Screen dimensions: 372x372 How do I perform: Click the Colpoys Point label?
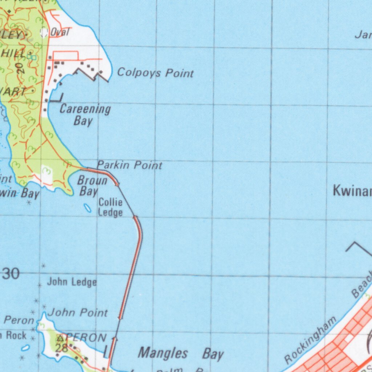click(155, 73)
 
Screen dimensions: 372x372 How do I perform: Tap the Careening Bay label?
click(85, 114)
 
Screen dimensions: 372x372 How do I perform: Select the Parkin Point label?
click(129, 166)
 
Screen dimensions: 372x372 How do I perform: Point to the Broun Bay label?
click(92, 186)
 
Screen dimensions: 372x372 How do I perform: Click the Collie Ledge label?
click(110, 207)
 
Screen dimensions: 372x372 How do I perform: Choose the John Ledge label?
click(72, 282)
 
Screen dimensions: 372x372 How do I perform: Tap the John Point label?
click(78, 312)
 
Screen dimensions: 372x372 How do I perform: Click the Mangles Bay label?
click(181, 353)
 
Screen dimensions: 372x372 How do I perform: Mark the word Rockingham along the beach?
click(311, 339)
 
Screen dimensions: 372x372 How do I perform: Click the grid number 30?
click(11, 274)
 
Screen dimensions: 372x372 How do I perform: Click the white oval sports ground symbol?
click(44, 33)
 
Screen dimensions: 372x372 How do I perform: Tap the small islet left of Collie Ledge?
click(88, 208)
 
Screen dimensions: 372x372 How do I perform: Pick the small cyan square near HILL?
click(33, 57)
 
